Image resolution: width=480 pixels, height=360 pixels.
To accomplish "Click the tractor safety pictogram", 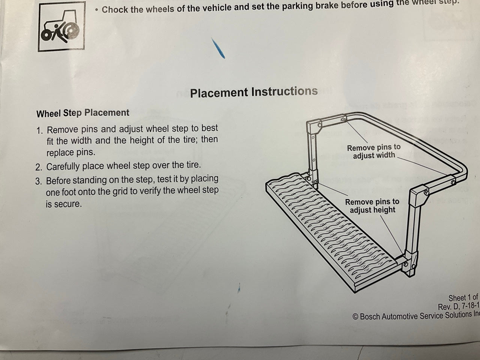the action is (x=61, y=27).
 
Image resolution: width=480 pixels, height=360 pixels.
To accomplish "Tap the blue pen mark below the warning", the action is (x=218, y=48).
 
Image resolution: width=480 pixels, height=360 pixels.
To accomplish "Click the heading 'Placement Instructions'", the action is (x=253, y=92).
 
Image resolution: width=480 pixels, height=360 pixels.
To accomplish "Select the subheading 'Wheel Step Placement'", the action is (x=82, y=113).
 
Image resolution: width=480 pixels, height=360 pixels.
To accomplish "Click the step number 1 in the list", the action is (x=40, y=130).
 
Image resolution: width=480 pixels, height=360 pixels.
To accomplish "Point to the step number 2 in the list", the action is (x=39, y=167).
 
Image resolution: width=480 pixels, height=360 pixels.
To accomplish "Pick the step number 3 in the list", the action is (x=38, y=181).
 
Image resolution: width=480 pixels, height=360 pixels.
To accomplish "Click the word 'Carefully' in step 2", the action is (x=63, y=167).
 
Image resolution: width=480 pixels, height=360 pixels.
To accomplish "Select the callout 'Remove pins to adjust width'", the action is (x=374, y=151).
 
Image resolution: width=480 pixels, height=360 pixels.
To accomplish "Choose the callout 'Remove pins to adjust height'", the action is (x=372, y=205).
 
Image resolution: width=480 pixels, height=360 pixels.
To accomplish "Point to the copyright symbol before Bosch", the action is (x=355, y=317).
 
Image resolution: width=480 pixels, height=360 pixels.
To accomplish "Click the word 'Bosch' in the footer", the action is (x=370, y=316).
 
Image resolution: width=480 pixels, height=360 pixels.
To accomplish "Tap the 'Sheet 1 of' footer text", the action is (x=463, y=297).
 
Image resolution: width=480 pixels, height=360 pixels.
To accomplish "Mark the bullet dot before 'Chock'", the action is (x=96, y=10).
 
